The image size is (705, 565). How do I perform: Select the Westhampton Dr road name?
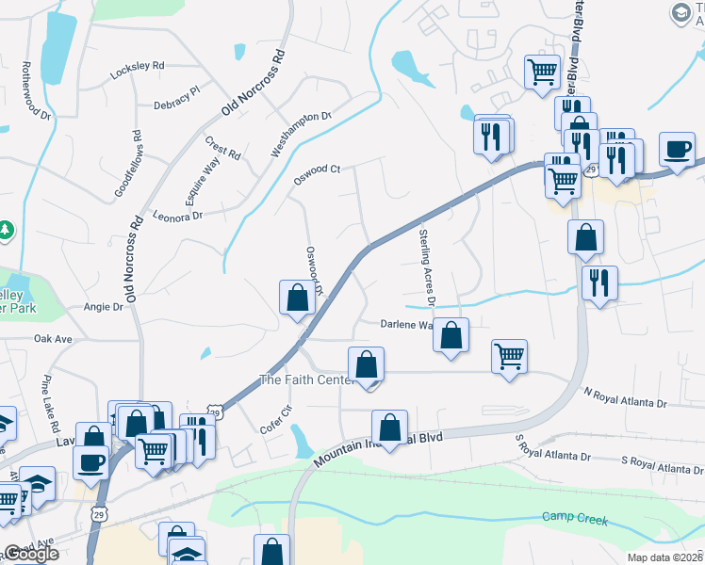pyautogui.click(x=302, y=134)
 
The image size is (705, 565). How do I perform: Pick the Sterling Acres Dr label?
pyautogui.click(x=425, y=267)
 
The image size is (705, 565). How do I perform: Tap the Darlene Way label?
pyautogui.click(x=406, y=324)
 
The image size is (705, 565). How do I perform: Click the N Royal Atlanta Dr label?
pyautogui.click(x=625, y=397)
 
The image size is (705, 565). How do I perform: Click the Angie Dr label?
pyautogui.click(x=104, y=307)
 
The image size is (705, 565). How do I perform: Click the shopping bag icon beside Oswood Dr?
pyautogui.click(x=298, y=298)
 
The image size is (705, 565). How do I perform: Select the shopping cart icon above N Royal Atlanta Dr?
pyautogui.click(x=509, y=356)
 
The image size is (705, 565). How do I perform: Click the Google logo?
pyautogui.click(x=31, y=554)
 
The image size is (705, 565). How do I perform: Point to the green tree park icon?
pyautogui.click(x=6, y=231)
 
